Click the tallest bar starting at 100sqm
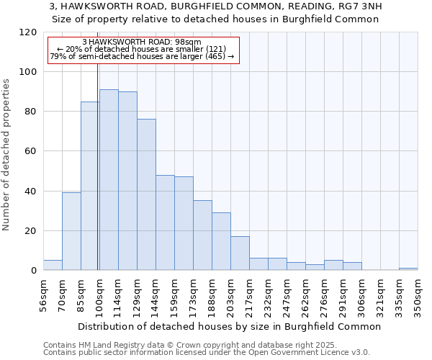point(109,180)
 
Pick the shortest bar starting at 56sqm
point(53,265)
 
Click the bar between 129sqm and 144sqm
point(146,194)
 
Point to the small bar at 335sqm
point(408,269)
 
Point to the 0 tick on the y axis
point(34,271)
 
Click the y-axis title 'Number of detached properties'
point(7,155)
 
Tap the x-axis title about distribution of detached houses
point(229,326)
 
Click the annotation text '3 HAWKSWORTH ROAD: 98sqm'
point(142,42)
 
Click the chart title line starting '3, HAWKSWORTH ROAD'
point(216,6)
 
